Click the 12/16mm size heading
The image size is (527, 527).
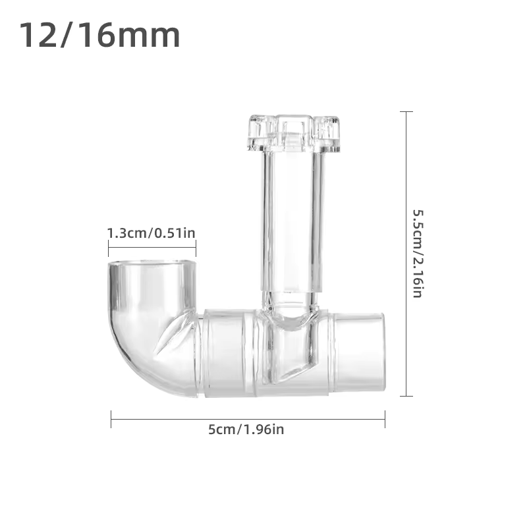(x=99, y=36)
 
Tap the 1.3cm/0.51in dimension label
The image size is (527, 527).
(x=152, y=233)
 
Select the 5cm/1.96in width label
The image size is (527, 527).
(x=246, y=430)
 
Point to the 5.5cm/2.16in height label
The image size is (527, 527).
(x=417, y=254)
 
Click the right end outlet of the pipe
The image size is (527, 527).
(x=359, y=352)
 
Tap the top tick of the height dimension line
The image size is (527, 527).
(x=406, y=112)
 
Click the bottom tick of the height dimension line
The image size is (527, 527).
(x=406, y=396)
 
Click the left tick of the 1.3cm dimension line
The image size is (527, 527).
(x=108, y=248)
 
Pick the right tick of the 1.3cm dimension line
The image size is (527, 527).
(x=196, y=248)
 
